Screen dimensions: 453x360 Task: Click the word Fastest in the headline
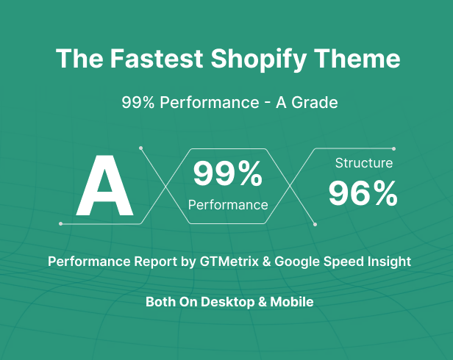pyautogui.click(x=157, y=59)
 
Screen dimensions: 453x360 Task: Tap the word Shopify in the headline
pyautogui.click(x=258, y=60)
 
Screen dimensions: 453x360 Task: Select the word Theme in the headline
pyautogui.click(x=357, y=58)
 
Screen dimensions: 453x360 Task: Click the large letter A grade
pyautogui.click(x=104, y=185)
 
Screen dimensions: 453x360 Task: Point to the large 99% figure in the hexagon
pyautogui.click(x=228, y=173)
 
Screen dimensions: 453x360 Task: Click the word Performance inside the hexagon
pyautogui.click(x=228, y=205)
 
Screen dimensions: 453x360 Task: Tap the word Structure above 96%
pyautogui.click(x=364, y=163)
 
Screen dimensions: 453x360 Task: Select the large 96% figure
pyautogui.click(x=363, y=193)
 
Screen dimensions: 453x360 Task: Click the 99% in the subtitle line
pyautogui.click(x=138, y=102)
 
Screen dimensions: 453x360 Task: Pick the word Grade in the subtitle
pyautogui.click(x=315, y=102)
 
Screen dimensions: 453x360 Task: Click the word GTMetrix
pyautogui.click(x=229, y=262)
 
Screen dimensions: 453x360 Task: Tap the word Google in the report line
pyautogui.click(x=297, y=262)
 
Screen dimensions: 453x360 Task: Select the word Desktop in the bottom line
pyautogui.click(x=228, y=302)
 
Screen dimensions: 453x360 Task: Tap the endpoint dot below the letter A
pyautogui.click(x=60, y=224)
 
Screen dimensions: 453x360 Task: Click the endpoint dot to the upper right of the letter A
pyautogui.click(x=140, y=148)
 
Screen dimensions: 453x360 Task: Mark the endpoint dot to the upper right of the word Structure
pyautogui.click(x=393, y=148)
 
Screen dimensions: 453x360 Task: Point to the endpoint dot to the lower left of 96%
pyautogui.click(x=315, y=224)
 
